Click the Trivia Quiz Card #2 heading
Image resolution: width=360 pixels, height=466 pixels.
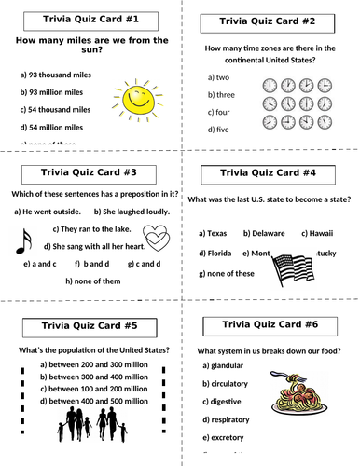pos(266,21)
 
